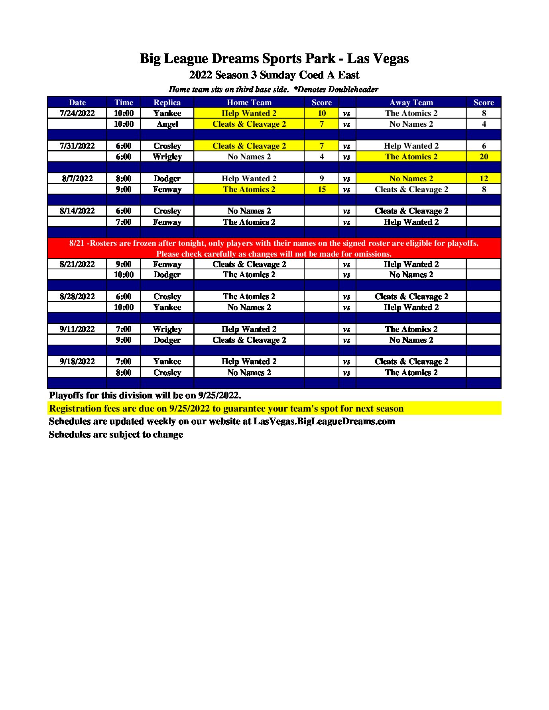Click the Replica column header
coord(167,102)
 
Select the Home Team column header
coord(249,102)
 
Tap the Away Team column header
coord(411,102)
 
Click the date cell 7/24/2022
coord(77,113)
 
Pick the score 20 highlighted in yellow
coord(484,157)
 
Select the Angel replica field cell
coord(167,124)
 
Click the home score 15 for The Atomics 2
coord(321,189)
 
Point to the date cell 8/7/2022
coord(77,178)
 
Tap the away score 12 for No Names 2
coord(484,178)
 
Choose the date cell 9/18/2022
coord(77,361)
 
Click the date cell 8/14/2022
coord(77,211)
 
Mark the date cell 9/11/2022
coord(77,329)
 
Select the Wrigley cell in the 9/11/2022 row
coord(167,329)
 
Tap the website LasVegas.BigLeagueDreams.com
coord(324,421)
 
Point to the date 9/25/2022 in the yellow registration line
coord(189,408)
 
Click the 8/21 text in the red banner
coord(77,243)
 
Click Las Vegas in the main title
coord(378,59)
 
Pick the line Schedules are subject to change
coord(116,434)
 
